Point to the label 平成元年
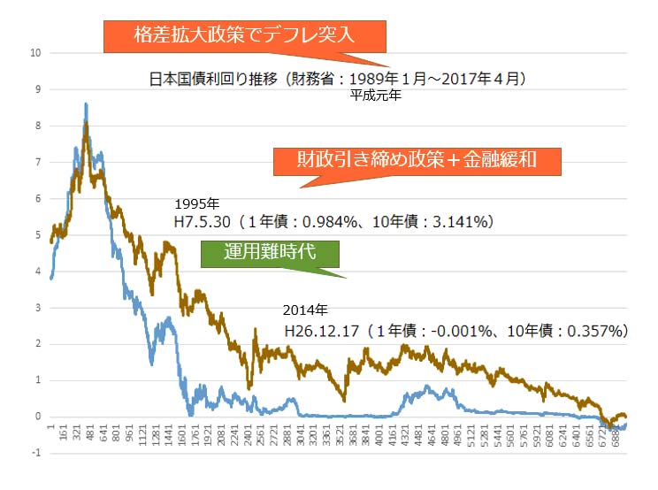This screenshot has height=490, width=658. click(376, 97)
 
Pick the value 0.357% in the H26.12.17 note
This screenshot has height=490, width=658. click(591, 331)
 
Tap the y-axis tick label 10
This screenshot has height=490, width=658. click(34, 53)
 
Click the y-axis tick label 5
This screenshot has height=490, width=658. click(37, 234)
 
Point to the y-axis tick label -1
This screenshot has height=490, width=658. click(35, 453)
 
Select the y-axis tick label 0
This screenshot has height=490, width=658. click(37, 417)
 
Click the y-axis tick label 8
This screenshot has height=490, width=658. click(37, 126)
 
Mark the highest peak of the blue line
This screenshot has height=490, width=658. click(86, 104)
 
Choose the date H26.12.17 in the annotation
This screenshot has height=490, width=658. click(321, 331)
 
